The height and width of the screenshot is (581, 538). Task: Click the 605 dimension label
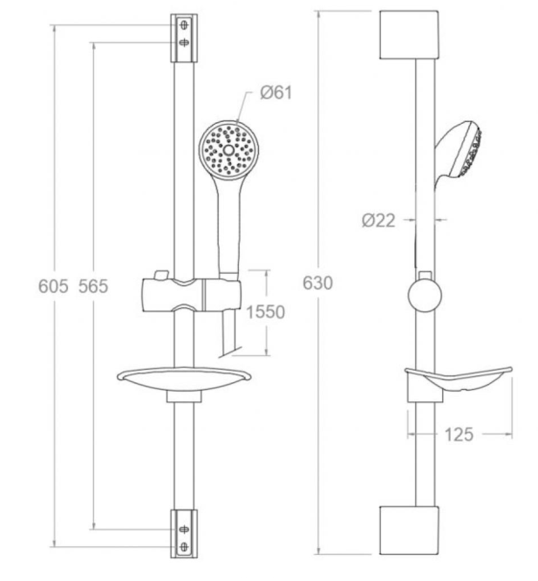click(53, 286)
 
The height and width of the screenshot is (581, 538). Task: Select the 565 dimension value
click(93, 286)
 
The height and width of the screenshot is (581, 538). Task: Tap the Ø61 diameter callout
click(276, 92)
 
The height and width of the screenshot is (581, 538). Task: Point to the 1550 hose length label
click(265, 312)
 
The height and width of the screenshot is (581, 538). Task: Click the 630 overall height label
click(317, 284)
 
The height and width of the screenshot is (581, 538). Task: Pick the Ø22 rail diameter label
click(378, 221)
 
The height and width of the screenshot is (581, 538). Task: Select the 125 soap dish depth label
click(459, 434)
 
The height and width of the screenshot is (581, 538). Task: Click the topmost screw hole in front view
click(184, 25)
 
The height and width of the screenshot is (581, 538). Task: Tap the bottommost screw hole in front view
click(184, 546)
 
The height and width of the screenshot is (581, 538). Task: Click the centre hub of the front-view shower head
click(228, 150)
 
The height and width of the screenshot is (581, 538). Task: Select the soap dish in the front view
click(184, 379)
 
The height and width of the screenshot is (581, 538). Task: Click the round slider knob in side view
click(425, 295)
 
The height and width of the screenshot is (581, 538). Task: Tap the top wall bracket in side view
click(409, 35)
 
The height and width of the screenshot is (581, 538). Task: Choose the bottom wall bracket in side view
click(409, 530)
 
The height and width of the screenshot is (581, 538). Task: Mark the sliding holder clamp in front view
click(191, 294)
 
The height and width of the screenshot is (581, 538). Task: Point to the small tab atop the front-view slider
click(161, 275)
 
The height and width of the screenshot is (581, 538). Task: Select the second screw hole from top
click(184, 43)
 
